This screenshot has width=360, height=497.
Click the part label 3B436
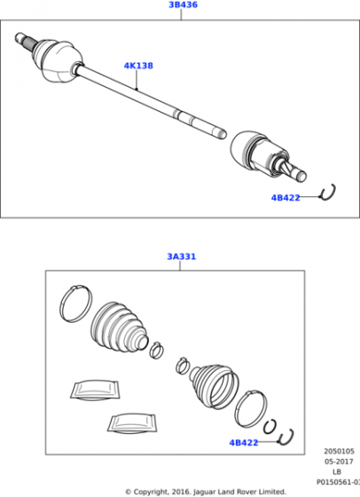[x=183, y=4]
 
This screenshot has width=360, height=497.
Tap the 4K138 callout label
[x=138, y=66]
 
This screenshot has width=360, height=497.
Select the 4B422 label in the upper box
[x=286, y=197]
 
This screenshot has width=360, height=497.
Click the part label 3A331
[x=182, y=256]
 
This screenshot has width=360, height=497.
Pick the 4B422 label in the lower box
[x=244, y=443]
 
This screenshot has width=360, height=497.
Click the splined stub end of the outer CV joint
[x=23, y=40]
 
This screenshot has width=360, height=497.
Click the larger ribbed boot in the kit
[x=119, y=327]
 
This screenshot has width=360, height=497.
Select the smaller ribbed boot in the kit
[x=214, y=386]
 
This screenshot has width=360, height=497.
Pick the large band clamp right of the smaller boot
[x=251, y=409]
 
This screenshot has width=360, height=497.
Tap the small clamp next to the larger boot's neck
[x=156, y=350]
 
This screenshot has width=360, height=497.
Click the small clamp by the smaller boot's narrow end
[x=182, y=366]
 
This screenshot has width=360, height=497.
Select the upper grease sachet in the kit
[x=94, y=390]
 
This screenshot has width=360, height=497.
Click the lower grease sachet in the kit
[x=132, y=422]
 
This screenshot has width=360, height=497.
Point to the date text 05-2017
[x=339, y=461]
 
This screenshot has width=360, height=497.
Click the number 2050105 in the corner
[x=339, y=451]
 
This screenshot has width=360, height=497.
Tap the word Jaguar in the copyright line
[x=205, y=492]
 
